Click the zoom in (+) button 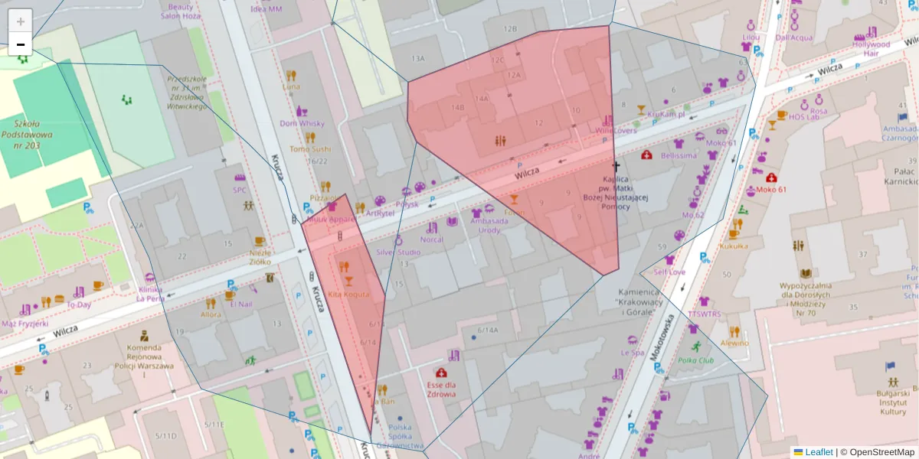tap(21, 21)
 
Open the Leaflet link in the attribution tap(818, 452)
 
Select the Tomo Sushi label tap(310, 149)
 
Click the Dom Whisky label tap(302, 123)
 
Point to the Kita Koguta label tap(348, 294)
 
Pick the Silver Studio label tap(397, 252)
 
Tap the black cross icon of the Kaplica tap(615, 165)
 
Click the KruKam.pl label tap(665, 114)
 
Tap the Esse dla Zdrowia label tap(441, 389)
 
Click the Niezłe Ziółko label tap(260, 256)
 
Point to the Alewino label tap(734, 343)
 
